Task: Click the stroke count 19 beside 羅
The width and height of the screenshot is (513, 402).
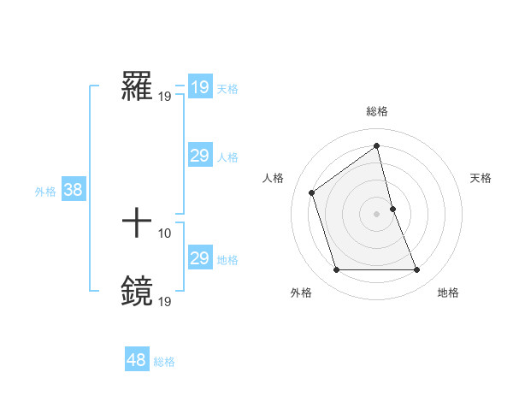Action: [164, 96]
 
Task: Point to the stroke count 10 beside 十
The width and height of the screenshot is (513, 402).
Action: [164, 233]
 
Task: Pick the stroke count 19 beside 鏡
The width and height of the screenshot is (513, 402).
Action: [164, 300]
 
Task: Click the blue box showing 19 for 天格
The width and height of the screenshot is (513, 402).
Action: [199, 87]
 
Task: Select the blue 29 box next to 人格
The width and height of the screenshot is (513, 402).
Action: [199, 156]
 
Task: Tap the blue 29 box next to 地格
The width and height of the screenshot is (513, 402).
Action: [199, 258]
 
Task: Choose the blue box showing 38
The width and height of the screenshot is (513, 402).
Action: [73, 190]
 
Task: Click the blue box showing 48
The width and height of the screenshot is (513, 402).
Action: [136, 360]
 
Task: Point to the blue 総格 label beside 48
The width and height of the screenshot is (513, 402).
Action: [164, 362]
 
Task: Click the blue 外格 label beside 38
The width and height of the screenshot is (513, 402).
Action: [45, 192]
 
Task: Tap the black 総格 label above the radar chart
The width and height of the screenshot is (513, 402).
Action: [377, 111]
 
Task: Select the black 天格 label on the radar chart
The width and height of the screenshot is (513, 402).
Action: [481, 178]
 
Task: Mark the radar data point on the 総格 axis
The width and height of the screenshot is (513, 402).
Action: [377, 146]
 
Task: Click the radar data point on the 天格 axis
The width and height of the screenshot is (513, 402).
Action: [392, 209]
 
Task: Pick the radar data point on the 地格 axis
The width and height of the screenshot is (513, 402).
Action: [417, 270]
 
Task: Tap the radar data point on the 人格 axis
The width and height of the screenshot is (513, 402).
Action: [312, 192]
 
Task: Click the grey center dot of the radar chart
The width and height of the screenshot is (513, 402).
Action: [377, 214]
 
